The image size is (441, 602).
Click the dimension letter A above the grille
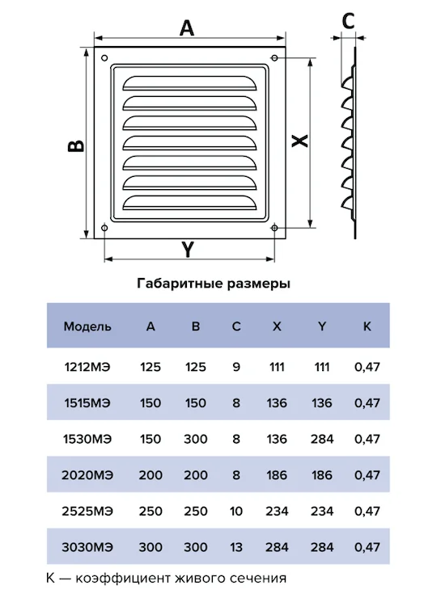tap(187, 28)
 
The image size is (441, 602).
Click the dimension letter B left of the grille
tap(77, 145)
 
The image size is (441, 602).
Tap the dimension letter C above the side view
tap(348, 21)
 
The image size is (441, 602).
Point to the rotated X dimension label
tap(300, 141)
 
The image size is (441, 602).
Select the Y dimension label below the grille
tap(187, 250)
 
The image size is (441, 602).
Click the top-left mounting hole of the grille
tap(104, 58)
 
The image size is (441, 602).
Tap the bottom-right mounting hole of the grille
tap(274, 228)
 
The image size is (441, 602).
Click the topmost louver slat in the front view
tap(189, 83)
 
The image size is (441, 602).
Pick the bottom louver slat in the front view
tap(189, 203)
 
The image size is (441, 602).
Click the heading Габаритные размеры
tap(214, 284)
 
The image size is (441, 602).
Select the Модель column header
tap(87, 326)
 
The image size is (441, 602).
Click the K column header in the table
tap(367, 326)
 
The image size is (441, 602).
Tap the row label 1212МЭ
tap(87, 367)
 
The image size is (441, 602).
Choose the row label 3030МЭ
tap(87, 547)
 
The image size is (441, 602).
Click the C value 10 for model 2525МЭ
tap(235, 511)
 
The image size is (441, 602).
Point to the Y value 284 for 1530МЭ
tap(322, 439)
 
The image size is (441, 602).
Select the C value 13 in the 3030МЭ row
tap(235, 547)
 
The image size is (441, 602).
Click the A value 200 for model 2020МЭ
tap(151, 475)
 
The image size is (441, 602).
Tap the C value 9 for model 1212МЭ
tap(236, 367)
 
